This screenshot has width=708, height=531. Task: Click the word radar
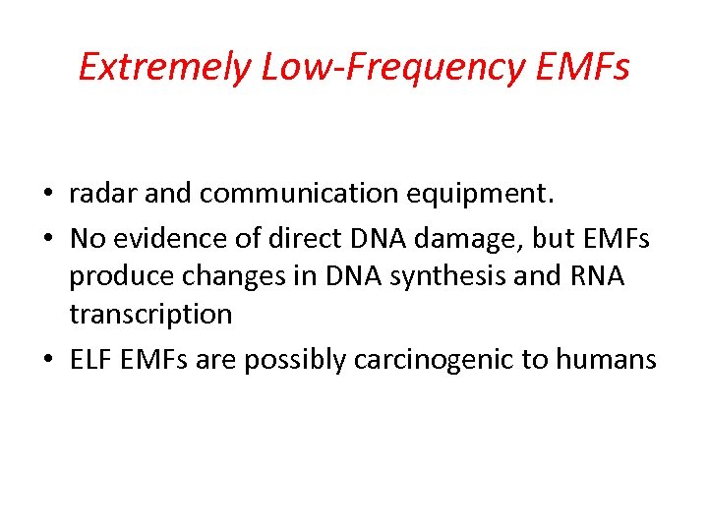click(x=103, y=195)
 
